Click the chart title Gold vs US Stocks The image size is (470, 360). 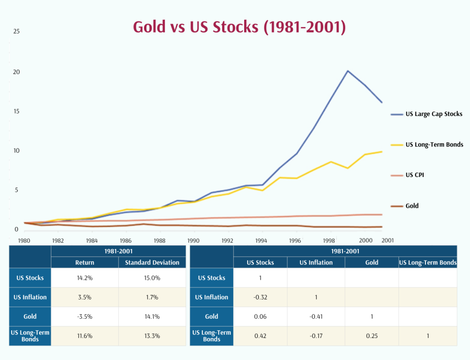click(239, 27)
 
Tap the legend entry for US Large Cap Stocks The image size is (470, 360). click(434, 114)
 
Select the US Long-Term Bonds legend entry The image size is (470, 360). click(434, 144)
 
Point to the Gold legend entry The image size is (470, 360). click(412, 206)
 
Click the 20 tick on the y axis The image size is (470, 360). click(16, 72)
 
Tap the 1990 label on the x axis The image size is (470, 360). click(193, 240)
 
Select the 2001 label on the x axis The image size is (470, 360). click(387, 240)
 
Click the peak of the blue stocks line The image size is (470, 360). click(348, 71)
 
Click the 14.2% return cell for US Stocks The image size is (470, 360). click(85, 278)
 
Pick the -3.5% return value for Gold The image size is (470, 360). click(85, 316)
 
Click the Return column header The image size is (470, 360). click(85, 263)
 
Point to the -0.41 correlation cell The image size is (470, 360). click(316, 316)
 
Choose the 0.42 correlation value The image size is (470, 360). click(260, 336)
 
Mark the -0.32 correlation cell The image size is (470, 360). click(260, 297)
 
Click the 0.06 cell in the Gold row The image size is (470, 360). click(260, 316)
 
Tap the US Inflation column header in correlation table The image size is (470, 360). click(316, 263)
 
